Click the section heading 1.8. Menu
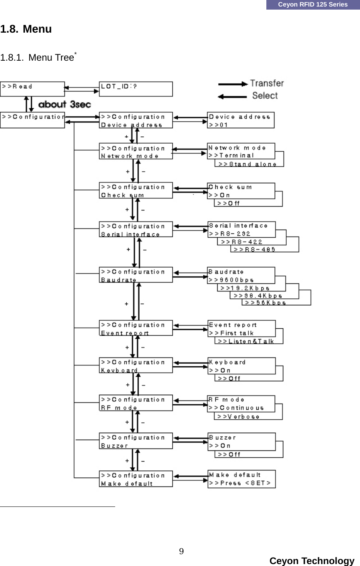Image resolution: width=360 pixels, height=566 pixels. (26, 29)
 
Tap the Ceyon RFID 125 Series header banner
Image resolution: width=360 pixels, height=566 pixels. (312, 5)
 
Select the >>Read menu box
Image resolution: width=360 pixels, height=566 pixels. (32, 88)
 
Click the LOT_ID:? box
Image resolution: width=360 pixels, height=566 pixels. (135, 89)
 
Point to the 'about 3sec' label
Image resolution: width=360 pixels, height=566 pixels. (64, 104)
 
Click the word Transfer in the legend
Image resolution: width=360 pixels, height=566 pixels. (267, 83)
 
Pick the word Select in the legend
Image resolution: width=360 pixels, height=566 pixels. (265, 96)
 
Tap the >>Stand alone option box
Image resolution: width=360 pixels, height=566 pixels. (248, 164)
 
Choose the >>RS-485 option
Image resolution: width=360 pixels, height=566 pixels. (254, 249)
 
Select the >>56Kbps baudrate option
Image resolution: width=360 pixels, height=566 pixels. (265, 303)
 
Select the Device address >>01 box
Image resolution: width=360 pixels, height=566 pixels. (240, 120)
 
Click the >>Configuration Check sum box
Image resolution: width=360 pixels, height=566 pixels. (135, 191)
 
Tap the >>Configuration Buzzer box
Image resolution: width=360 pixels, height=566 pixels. (135, 441)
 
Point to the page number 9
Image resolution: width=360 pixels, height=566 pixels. (181, 551)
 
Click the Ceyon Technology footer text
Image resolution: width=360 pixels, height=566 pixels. (312, 561)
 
